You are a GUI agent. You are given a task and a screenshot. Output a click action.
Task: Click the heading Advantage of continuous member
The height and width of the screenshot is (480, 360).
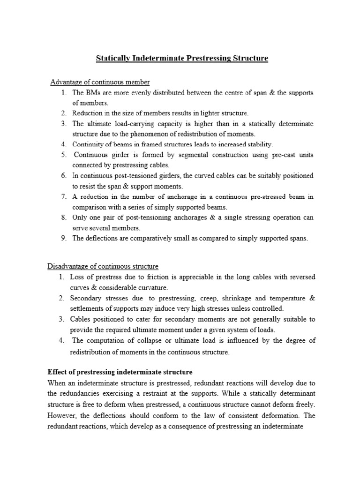pos(100,82)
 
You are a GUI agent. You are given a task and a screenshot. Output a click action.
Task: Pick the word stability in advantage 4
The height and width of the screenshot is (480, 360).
pos(258,144)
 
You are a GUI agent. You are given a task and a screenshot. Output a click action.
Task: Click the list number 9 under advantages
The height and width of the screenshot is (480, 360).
pos(64,238)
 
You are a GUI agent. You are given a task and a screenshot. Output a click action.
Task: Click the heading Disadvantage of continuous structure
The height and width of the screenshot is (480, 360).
pos(103,267)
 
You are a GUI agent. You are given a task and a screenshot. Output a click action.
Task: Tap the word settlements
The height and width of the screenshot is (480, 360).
pos(89,308)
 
